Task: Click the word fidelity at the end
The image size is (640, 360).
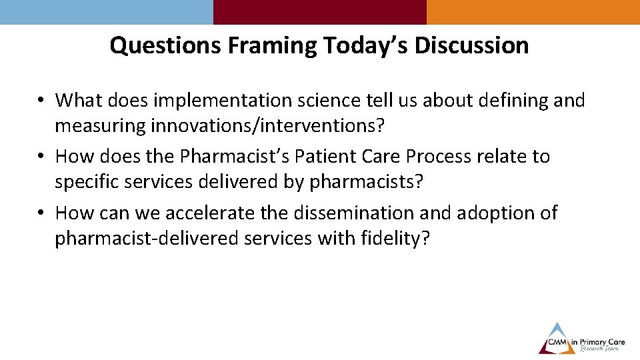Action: [x=394, y=238]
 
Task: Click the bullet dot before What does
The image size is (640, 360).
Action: [x=41, y=101]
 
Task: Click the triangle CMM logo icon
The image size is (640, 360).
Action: [x=557, y=338]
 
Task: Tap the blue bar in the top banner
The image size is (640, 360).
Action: [x=107, y=12]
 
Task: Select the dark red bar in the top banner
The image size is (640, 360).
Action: [x=320, y=12]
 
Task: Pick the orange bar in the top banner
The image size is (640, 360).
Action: [x=533, y=12]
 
